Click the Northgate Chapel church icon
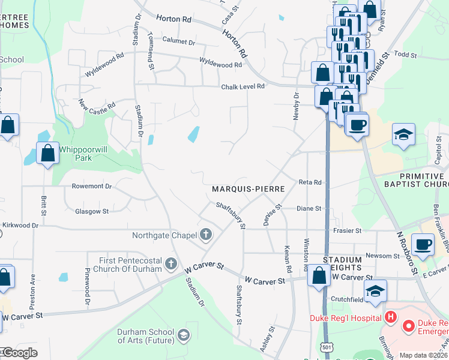(206, 234)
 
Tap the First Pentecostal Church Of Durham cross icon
(171, 263)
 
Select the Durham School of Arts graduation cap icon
(184, 334)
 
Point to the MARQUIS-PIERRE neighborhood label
(247, 188)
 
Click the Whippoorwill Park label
(75, 153)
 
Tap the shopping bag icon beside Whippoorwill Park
(47, 154)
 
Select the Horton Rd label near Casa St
(173, 19)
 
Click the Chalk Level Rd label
(243, 86)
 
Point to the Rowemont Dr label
(91, 186)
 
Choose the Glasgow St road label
(92, 211)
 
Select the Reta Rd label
(310, 182)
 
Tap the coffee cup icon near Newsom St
(422, 245)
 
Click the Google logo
(20, 352)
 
